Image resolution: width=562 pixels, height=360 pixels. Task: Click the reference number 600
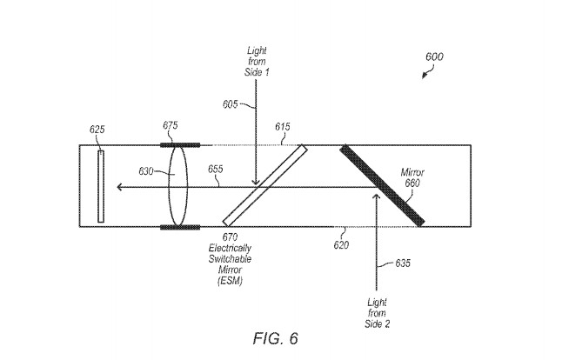click(433, 57)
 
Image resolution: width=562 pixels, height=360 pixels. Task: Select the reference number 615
click(283, 128)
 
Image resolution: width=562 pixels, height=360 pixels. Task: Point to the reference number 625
click(97, 131)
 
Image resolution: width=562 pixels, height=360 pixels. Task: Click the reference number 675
click(171, 126)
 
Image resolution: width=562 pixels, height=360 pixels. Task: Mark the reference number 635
click(403, 262)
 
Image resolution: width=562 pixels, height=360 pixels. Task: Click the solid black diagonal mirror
click(382, 184)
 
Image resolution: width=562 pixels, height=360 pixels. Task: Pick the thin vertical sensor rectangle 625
click(102, 186)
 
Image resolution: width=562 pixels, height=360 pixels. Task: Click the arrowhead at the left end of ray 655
click(119, 186)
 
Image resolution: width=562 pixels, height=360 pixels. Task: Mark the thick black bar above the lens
click(181, 144)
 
